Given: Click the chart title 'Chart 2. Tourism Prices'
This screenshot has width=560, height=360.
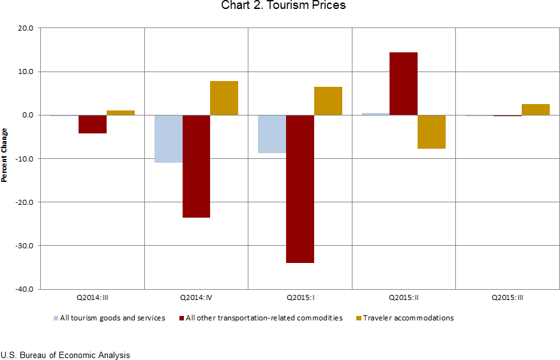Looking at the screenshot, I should click(x=283, y=6).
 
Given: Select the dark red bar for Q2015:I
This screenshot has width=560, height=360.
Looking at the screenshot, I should click(x=300, y=188).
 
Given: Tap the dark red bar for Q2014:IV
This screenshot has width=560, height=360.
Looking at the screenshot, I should click(x=196, y=166).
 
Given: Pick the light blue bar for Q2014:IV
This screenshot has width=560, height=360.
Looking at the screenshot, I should click(x=169, y=139).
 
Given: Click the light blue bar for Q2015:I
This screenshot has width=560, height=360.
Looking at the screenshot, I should click(x=272, y=134).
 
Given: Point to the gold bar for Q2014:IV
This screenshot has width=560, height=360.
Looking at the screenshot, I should click(x=224, y=98).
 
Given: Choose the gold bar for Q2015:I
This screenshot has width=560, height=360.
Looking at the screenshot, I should click(x=328, y=101).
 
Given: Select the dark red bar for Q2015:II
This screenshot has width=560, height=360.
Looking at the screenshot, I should click(x=404, y=84).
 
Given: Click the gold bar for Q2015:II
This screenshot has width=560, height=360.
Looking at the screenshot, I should click(x=431, y=131).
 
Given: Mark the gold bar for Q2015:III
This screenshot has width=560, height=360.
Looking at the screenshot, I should click(x=535, y=109).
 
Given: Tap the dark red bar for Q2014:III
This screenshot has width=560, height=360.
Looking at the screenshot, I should click(x=93, y=124).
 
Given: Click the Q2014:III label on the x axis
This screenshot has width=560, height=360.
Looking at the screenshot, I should click(x=93, y=297).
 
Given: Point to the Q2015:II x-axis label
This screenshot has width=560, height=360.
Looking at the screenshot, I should click(x=404, y=297).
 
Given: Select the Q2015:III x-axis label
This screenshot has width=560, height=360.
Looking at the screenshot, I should click(x=508, y=297).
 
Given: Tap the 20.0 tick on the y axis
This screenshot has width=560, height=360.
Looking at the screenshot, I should click(x=26, y=28).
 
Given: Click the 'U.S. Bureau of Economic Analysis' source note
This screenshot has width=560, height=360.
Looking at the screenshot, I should click(x=65, y=355).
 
